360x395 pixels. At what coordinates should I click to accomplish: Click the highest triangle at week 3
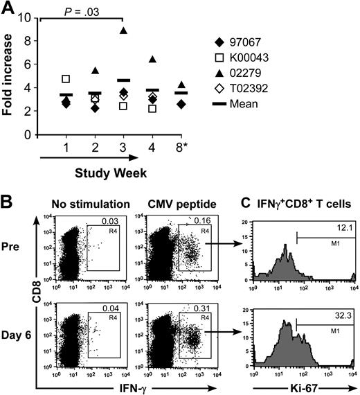point(123,30)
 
